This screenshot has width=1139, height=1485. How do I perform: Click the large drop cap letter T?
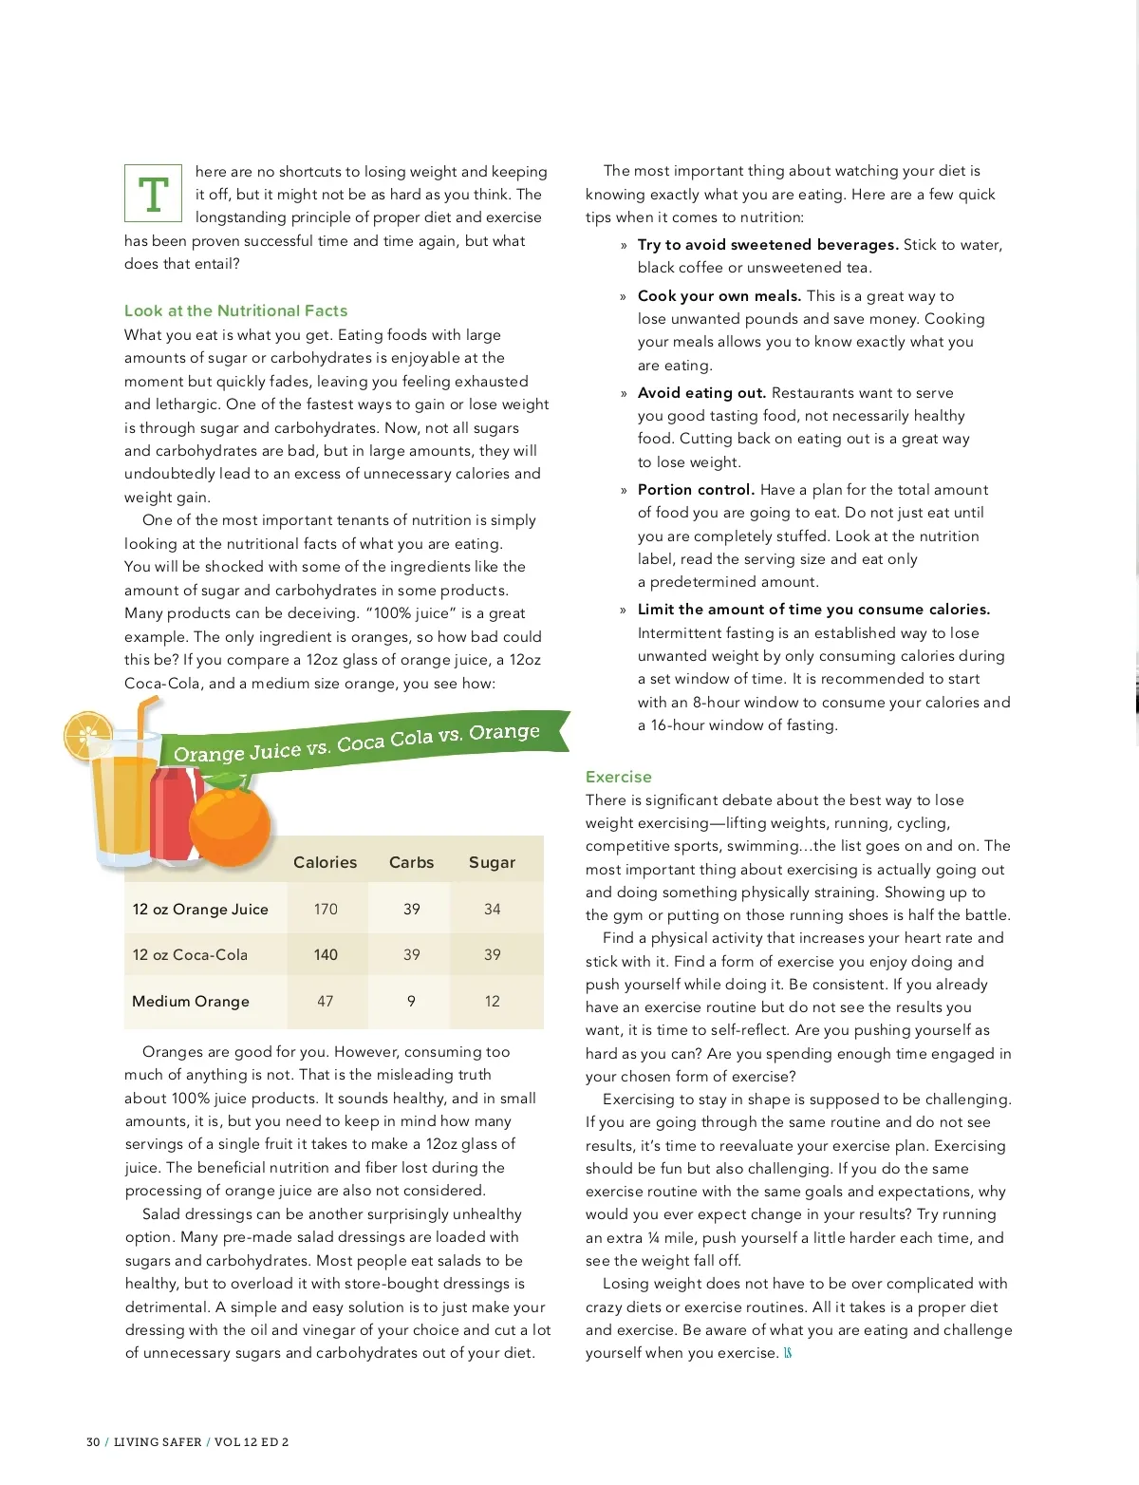tap(153, 194)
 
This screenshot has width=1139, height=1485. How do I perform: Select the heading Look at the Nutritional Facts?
tap(235, 310)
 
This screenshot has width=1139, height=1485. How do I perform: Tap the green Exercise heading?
tap(618, 777)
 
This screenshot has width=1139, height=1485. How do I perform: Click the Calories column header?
tap(325, 862)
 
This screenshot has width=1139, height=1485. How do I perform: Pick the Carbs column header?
tap(411, 862)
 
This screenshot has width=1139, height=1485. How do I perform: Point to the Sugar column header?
tap(492, 862)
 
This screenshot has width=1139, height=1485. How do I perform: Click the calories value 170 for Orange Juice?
tap(326, 909)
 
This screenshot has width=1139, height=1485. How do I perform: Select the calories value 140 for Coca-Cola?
tap(326, 954)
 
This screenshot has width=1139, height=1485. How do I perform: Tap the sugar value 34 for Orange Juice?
tap(492, 909)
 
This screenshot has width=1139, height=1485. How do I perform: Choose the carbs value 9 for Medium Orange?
tap(411, 1001)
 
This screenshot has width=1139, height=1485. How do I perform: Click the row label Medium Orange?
tap(191, 1001)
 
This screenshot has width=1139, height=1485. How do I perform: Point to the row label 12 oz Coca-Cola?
tap(190, 954)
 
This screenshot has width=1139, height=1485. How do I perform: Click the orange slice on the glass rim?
tap(86, 735)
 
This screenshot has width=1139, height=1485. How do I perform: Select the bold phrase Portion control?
tap(696, 490)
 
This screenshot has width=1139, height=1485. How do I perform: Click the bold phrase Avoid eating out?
tap(701, 393)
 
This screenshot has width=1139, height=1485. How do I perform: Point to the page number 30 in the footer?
tap(93, 1441)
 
